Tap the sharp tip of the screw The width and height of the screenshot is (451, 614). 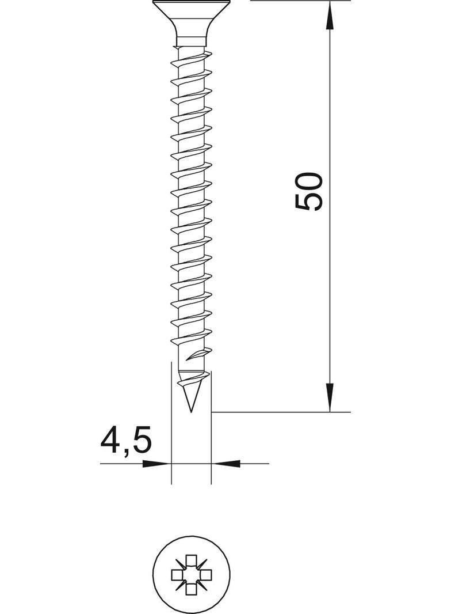click(x=191, y=412)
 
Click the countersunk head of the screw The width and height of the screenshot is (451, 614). click(x=192, y=19)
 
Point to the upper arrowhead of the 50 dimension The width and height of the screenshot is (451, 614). click(x=330, y=15)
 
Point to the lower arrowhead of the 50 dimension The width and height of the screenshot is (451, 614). click(x=330, y=398)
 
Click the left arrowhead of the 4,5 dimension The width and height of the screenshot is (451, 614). click(x=156, y=464)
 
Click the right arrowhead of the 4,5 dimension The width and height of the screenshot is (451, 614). click(x=225, y=464)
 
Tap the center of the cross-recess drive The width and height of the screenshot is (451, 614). click(x=192, y=575)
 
